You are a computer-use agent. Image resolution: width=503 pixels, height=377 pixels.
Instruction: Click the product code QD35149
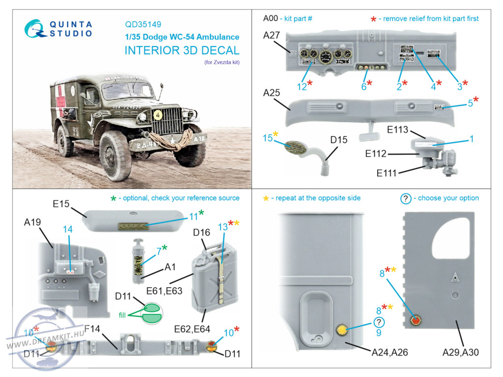(143, 24)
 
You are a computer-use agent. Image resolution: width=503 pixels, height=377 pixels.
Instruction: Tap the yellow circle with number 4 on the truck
(158, 115)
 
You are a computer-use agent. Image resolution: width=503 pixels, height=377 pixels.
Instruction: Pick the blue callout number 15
(267, 139)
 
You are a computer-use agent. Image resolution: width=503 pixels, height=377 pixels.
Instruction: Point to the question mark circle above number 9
(379, 322)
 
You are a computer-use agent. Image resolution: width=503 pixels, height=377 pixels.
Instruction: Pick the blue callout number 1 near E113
(472, 139)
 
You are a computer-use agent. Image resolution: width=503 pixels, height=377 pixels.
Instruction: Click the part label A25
(272, 93)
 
